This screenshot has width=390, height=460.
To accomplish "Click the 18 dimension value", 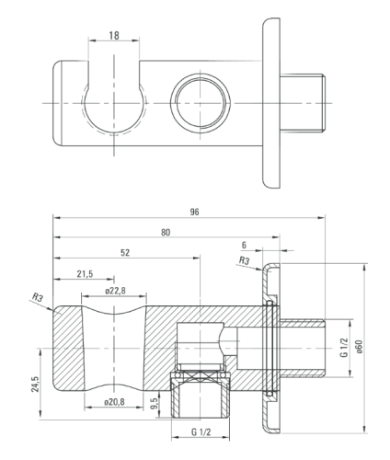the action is (114, 36).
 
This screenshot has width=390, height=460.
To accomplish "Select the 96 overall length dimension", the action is (194, 212).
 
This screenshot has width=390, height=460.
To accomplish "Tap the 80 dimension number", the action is (166, 233).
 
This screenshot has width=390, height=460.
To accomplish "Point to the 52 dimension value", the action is (125, 253).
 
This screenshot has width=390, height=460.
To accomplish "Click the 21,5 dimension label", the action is (85, 273).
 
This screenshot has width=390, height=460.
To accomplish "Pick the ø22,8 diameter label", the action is (115, 291).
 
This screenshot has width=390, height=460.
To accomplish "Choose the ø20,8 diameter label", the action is (114, 402).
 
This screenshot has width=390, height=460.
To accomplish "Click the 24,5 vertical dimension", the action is (35, 384).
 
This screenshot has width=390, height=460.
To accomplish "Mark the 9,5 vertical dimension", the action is (155, 403).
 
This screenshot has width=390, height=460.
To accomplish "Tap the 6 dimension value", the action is (244, 245).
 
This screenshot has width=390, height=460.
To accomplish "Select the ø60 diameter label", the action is (359, 347).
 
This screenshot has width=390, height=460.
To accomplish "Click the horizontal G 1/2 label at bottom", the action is (201, 432).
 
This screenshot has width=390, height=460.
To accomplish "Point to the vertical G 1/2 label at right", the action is (344, 348).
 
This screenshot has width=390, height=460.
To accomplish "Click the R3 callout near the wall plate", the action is (244, 260).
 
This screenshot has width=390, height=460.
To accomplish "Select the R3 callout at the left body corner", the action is (38, 297).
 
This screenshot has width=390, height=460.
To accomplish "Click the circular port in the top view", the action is (201, 103).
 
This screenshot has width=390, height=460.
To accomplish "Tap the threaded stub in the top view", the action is (303, 103).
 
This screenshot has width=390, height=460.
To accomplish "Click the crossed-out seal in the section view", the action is (200, 375).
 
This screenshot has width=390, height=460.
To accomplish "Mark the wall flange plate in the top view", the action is (271, 103).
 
